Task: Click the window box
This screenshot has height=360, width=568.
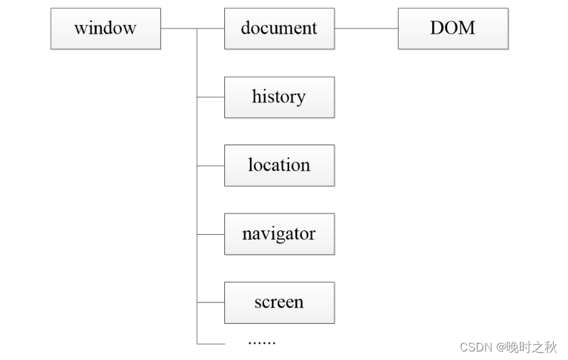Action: click(x=105, y=28)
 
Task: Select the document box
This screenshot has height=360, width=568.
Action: click(x=279, y=28)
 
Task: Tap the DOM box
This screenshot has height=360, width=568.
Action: click(x=453, y=28)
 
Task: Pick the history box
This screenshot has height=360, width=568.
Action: click(x=279, y=97)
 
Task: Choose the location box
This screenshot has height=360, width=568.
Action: click(x=279, y=165)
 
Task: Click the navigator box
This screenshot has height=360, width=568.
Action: click(x=279, y=233)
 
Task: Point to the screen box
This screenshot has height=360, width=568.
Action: click(x=279, y=302)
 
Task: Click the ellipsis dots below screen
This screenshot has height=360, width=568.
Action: click(x=261, y=342)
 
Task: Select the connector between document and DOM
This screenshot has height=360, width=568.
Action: click(x=366, y=28)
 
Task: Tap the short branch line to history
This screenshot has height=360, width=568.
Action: click(x=211, y=97)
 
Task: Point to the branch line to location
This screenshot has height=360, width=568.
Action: click(x=211, y=165)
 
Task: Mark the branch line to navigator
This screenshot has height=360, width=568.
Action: click(x=211, y=233)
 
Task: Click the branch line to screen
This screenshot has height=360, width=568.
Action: click(x=211, y=302)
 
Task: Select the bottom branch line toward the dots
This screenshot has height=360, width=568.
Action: click(x=211, y=344)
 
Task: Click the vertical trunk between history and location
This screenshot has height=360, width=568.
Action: click(x=197, y=131)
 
